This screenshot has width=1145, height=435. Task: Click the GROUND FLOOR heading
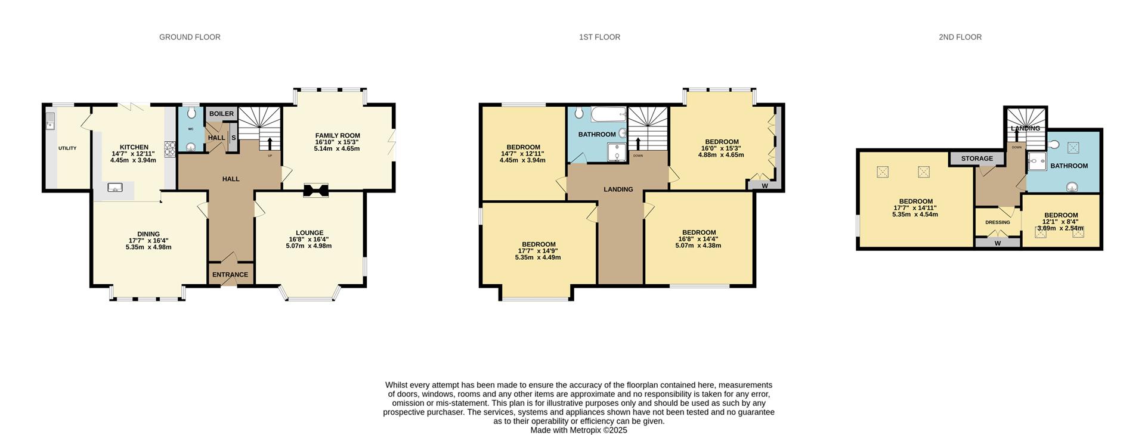[x=190, y=37]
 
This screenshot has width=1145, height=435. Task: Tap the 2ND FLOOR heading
[x=960, y=37]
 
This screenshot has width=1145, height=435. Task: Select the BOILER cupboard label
[x=221, y=113]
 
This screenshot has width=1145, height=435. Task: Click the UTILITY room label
[x=67, y=148]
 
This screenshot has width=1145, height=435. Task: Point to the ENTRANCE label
[x=230, y=275]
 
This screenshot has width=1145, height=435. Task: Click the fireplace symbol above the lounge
[x=315, y=190]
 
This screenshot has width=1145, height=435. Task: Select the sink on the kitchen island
[x=115, y=188]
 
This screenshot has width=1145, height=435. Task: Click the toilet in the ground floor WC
[x=191, y=113]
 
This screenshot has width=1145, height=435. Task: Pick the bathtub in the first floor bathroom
[x=608, y=114]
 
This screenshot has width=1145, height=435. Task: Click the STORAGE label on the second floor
[x=977, y=159]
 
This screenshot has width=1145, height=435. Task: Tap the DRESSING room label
[x=998, y=222]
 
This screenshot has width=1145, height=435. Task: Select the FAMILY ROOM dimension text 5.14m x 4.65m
[x=337, y=148]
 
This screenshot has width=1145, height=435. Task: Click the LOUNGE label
[x=310, y=233]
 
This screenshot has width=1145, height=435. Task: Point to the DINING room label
[x=148, y=234]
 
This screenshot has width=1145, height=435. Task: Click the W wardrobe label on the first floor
[x=765, y=185]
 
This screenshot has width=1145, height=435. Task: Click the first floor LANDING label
[x=618, y=189]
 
